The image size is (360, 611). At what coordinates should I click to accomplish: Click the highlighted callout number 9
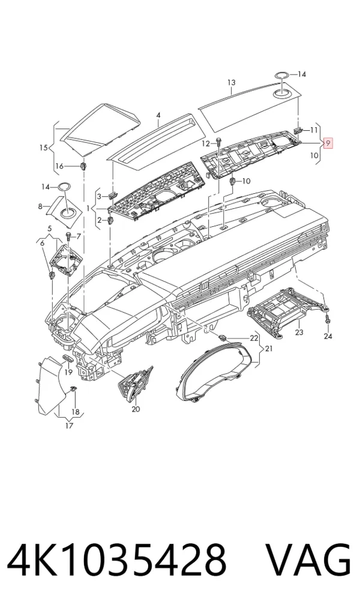pyautogui.click(x=328, y=143)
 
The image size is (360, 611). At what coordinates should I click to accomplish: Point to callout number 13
pyautogui.click(x=232, y=83)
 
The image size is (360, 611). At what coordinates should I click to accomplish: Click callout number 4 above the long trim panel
pyautogui.click(x=158, y=115)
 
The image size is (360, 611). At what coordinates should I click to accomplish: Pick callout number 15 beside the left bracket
pyautogui.click(x=44, y=148)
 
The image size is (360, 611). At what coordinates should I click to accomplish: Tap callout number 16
pyautogui.click(x=59, y=166)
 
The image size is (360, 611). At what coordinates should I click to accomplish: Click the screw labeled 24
pyautogui.click(x=328, y=319)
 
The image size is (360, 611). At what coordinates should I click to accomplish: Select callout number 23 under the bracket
pyautogui.click(x=299, y=333)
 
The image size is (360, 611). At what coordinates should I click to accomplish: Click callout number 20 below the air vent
pyautogui.click(x=136, y=409)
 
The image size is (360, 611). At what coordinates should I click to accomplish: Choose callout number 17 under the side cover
pyautogui.click(x=69, y=426)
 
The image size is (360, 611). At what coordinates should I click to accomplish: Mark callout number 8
pyautogui.click(x=40, y=206)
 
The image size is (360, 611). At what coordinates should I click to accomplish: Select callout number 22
pyautogui.click(x=254, y=338)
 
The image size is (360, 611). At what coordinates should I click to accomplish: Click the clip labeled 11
pyautogui.click(x=298, y=130)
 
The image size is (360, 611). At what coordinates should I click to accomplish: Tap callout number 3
pyautogui.click(x=100, y=196)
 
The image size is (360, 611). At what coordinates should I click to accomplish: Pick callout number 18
pyautogui.click(x=75, y=412)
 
